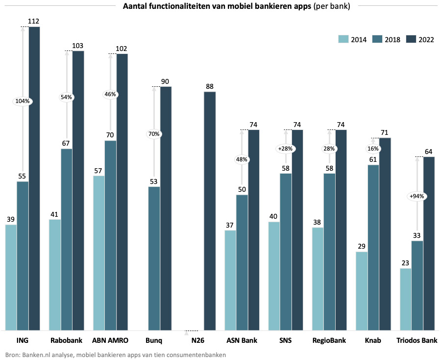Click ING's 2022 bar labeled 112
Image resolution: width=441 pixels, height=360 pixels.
34,179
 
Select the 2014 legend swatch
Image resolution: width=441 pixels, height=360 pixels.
343,40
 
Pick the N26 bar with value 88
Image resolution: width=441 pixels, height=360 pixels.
210,211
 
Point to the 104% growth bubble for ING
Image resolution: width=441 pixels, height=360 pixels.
23,102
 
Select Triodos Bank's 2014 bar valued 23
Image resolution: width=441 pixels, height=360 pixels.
406,299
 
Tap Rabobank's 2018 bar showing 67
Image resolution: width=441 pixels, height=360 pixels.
67,239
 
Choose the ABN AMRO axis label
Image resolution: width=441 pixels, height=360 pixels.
110,340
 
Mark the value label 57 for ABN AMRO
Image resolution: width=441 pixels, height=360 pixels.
98,171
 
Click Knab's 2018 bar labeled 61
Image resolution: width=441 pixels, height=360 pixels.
373,247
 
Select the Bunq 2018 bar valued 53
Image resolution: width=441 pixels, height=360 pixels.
154,258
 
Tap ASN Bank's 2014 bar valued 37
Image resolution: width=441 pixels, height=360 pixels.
230,280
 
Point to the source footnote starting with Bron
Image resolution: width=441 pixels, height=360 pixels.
116,354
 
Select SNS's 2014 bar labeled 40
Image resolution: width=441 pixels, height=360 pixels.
274,276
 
